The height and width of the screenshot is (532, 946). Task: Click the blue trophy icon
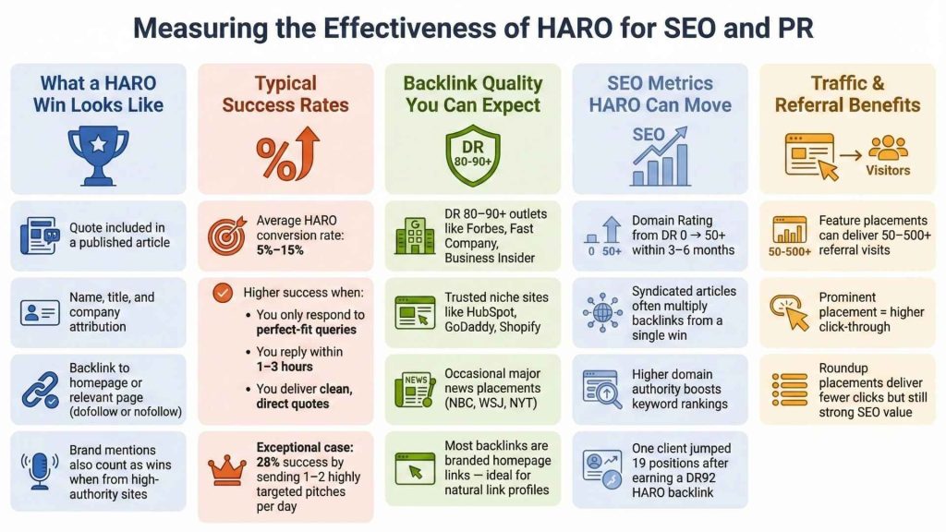(98, 155)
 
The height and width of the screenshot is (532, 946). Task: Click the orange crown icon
(227, 470)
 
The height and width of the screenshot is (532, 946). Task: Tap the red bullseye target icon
(227, 236)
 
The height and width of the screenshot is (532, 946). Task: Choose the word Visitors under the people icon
(887, 171)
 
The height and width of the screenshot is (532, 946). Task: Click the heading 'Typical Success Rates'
(285, 93)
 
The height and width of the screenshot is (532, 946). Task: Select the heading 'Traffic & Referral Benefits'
(847, 93)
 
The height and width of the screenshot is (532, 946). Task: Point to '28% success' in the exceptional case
(287, 462)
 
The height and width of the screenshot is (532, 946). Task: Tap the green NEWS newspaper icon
(413, 388)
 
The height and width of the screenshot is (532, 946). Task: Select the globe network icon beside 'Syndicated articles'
(602, 312)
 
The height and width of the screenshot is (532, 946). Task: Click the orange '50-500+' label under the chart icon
(789, 251)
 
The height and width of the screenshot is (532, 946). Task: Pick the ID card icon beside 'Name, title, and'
(40, 312)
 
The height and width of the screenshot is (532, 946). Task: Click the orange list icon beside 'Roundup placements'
(789, 390)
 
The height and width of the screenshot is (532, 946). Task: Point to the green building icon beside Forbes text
(413, 236)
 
